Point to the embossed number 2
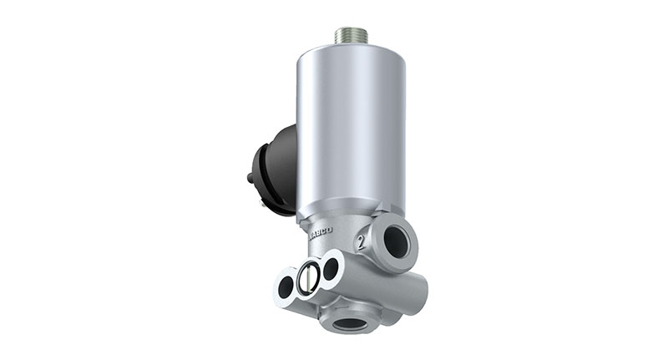click(361, 243)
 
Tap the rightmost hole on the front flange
click(331, 268)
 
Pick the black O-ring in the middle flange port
click(308, 278)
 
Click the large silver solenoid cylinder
click(351, 125)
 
